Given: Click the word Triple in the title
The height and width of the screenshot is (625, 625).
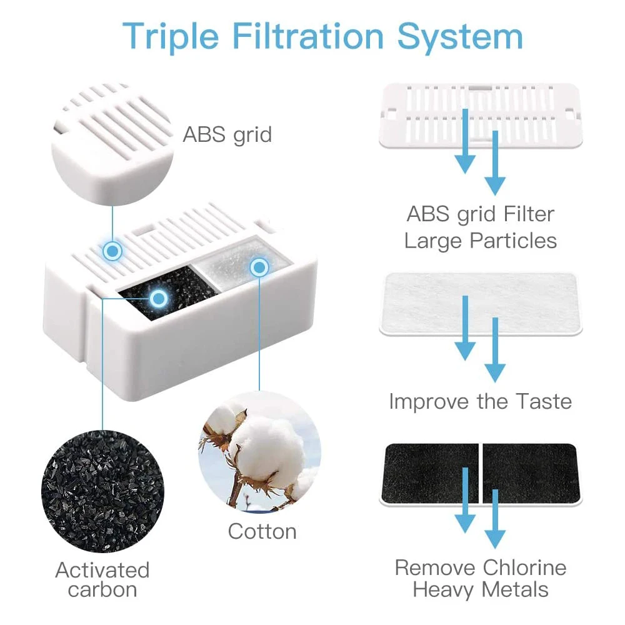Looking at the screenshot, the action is [170, 37].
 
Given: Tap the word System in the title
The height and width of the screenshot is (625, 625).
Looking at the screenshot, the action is [460, 37].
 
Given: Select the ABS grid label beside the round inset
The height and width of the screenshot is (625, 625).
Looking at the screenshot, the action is [227, 135].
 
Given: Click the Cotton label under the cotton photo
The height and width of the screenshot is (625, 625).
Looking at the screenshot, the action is [262, 531].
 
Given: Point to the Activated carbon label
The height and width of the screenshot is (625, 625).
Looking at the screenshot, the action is [102, 579].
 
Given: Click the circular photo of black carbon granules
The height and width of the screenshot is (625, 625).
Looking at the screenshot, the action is [102, 491].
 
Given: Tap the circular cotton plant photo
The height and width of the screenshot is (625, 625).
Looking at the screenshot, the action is [259, 452].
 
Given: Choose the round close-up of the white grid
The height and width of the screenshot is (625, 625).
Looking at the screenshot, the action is [112, 144].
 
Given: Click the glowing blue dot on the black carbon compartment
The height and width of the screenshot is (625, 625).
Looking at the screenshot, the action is [159, 297].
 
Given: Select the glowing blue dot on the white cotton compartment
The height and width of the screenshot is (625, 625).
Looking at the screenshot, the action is [259, 267].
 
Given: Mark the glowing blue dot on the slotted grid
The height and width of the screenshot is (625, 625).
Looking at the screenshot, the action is [112, 251].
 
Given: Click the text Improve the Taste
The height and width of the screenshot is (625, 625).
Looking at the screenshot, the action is [480, 401].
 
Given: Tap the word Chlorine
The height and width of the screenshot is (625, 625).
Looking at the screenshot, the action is [524, 567].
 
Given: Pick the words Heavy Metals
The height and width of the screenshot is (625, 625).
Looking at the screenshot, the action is [480, 589].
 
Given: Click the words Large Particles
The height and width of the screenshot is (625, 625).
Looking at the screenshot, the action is [480, 241].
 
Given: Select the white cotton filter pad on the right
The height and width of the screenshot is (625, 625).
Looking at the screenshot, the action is [481, 304].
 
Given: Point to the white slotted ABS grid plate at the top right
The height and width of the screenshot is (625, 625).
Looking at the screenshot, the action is [481, 116].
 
